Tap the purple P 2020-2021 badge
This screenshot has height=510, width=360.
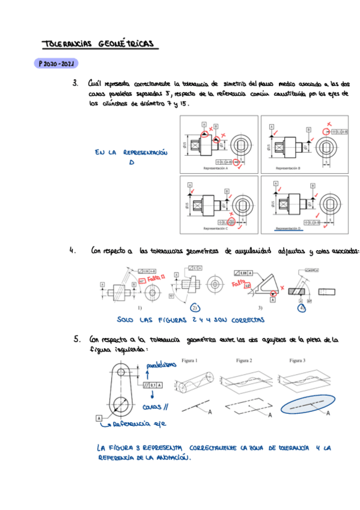[56, 63]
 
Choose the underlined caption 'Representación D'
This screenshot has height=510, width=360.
[288, 229]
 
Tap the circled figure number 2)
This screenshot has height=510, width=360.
[195, 307]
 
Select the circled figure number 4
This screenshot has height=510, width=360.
[302, 307]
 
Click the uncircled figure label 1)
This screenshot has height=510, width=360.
[139, 307]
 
